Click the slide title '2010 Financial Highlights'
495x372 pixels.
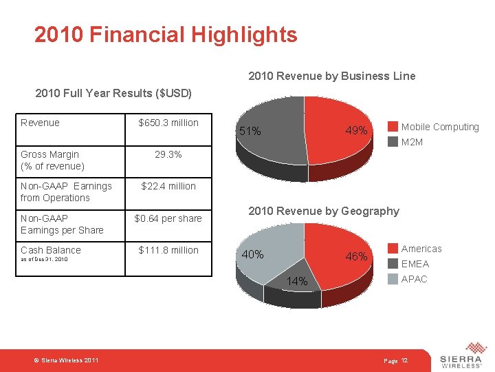pyautogui.click(x=166, y=34)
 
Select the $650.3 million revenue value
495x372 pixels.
pyautogui.click(x=168, y=123)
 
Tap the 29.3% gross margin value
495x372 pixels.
pyautogui.click(x=168, y=155)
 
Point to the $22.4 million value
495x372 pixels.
pyautogui.click(x=168, y=186)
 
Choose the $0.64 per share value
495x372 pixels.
pyautogui.click(x=168, y=218)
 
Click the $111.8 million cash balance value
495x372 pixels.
pyautogui.click(x=168, y=250)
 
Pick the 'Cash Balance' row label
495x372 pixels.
pyautogui.click(x=51, y=250)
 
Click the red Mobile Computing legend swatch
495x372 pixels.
pyautogui.click(x=393, y=127)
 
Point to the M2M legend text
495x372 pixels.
pyautogui.click(x=412, y=142)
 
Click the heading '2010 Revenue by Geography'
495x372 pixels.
pyautogui.click(x=323, y=211)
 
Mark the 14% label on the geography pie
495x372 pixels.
pyautogui.click(x=297, y=282)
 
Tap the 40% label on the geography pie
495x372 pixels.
pyautogui.click(x=252, y=255)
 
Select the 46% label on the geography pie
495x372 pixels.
pyautogui.click(x=357, y=257)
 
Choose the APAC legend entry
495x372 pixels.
pyautogui.click(x=414, y=279)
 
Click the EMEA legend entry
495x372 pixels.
pyautogui.click(x=415, y=264)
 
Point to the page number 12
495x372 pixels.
pyautogui.click(x=404, y=361)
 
